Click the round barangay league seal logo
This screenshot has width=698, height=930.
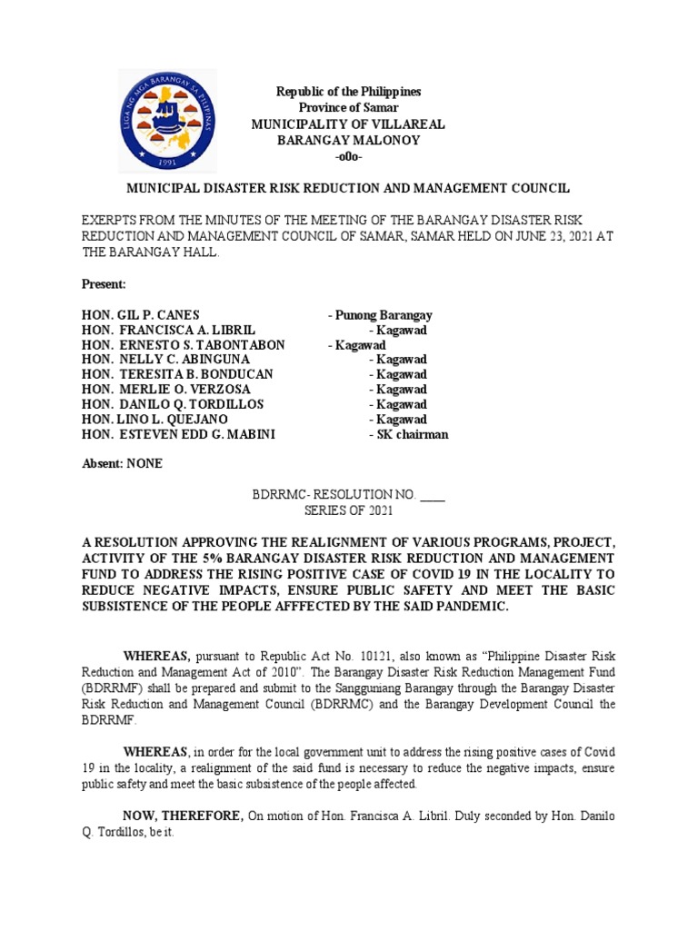167,121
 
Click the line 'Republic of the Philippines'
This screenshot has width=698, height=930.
349,93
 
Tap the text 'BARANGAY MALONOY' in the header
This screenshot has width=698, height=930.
349,141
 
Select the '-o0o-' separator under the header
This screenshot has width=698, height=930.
349,157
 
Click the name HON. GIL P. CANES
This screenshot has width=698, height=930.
140,316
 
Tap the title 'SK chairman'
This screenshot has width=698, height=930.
408,434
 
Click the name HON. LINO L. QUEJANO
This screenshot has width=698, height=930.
153,420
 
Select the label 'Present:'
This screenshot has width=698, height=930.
104,285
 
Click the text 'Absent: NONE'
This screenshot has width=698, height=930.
123,463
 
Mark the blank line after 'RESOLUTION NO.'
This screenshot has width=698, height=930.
434,495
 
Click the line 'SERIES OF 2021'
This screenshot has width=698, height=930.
349,510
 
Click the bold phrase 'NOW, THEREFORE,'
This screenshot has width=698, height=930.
183,816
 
